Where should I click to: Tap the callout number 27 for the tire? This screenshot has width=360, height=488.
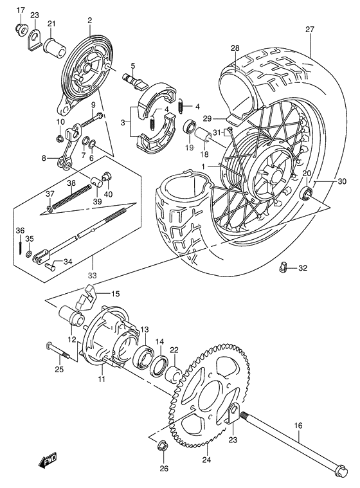coord(310,29)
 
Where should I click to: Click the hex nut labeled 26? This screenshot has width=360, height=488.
coord(163,444)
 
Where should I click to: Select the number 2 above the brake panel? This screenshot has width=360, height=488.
coord(90,21)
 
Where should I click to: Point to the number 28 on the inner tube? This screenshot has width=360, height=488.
coord(235,49)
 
